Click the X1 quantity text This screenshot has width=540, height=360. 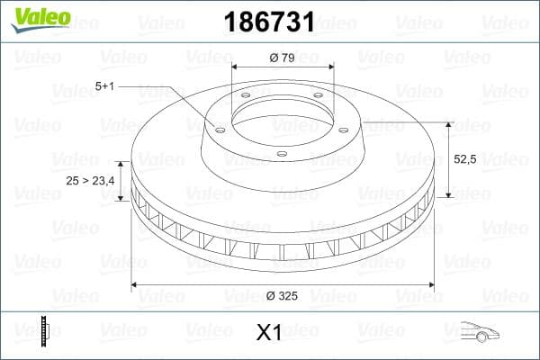coord(269,333)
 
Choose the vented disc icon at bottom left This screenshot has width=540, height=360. coord(44,331)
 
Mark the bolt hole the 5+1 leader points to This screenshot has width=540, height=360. coord(218,128)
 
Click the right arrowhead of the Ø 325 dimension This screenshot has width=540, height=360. coord(430,285)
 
